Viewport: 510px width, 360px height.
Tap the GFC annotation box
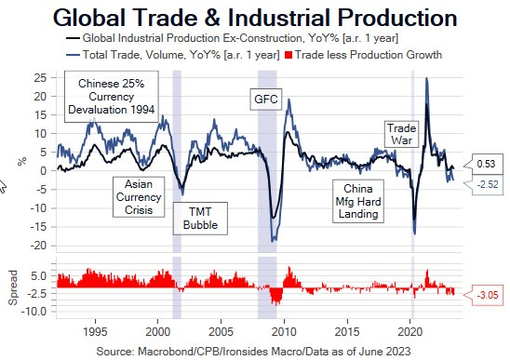tap(266, 99)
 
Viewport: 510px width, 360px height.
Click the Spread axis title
tap(13, 288)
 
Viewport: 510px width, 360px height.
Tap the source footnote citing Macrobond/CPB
tap(255, 351)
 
